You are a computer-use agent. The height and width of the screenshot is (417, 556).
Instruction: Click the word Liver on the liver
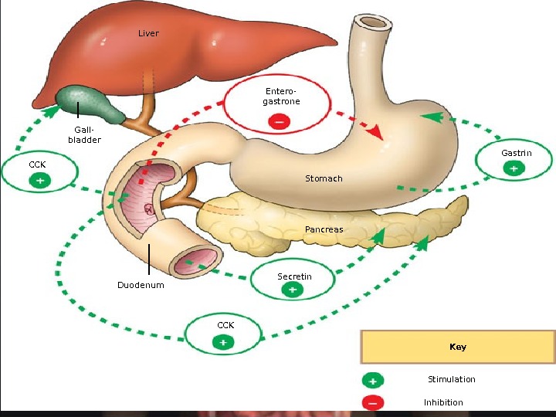coord(148,34)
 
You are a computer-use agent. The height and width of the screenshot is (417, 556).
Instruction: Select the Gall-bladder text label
coord(84,135)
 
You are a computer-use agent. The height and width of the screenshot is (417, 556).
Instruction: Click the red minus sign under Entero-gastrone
coord(280,120)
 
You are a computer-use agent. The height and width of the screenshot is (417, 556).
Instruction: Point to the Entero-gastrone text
coord(281,97)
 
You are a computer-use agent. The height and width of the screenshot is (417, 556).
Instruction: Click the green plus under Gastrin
coord(514,168)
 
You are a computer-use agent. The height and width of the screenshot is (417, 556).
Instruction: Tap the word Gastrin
coord(516,153)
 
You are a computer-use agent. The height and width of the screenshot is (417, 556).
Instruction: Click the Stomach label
coord(324,178)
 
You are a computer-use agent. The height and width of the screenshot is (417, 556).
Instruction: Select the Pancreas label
coord(324,229)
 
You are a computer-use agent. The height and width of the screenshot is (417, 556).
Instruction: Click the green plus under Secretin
coord(292,290)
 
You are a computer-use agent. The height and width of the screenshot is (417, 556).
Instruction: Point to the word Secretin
coord(294,276)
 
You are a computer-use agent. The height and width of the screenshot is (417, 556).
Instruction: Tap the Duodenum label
coord(141,285)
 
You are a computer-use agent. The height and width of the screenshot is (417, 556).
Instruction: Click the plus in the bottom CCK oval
coord(222,341)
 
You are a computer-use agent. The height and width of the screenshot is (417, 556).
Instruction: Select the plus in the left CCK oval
coord(39,180)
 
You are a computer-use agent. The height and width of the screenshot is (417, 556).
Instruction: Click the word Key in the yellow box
coord(458,347)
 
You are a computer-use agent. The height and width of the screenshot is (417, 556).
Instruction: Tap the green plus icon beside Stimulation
coord(372,381)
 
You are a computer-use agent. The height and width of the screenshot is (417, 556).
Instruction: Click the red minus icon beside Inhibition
coord(372,402)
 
